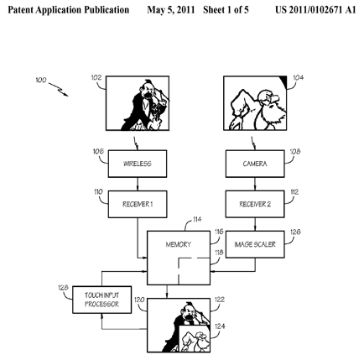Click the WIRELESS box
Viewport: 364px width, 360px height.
[138, 164]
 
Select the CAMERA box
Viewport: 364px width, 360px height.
[255, 164]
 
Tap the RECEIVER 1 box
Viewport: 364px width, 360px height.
[138, 204]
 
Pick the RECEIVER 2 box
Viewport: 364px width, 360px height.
[255, 204]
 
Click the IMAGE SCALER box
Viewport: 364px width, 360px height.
[255, 244]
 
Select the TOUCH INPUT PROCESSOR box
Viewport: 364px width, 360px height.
[101, 300]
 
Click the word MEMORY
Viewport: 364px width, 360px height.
[179, 244]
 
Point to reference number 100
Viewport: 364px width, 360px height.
[41, 81]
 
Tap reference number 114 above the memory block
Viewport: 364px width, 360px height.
[197, 219]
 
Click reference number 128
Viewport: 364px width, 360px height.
[63, 288]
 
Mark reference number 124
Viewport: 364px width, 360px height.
[220, 326]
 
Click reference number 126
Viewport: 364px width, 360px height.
[295, 232]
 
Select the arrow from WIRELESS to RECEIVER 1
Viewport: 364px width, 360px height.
[138, 184]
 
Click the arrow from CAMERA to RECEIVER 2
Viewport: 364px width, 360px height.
[255, 184]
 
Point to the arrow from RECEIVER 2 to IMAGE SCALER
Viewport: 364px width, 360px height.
[255, 224]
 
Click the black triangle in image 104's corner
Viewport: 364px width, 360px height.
[283, 81]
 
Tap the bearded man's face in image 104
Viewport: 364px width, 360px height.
[268, 99]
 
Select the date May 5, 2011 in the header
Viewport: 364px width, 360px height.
[171, 10]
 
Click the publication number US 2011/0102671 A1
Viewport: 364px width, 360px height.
[315, 10]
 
